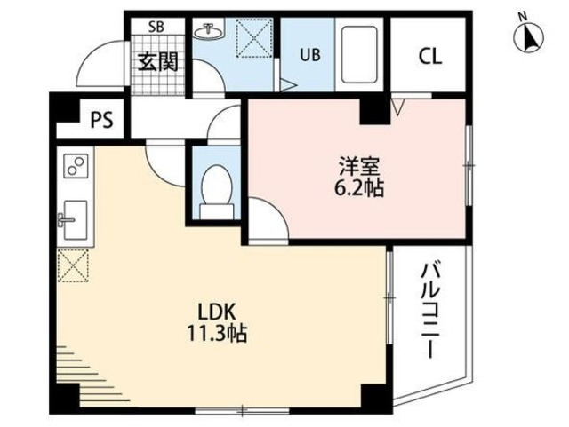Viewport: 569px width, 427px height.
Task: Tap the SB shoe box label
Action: coord(156,27)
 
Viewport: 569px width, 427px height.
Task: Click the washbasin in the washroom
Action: coord(210,32)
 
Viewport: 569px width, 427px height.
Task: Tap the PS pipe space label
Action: coord(100,120)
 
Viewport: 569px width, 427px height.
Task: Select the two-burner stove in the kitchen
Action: coord(74,165)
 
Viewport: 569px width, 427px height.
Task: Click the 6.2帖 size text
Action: coord(359,188)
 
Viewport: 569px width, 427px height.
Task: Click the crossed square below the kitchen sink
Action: coord(73,265)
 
